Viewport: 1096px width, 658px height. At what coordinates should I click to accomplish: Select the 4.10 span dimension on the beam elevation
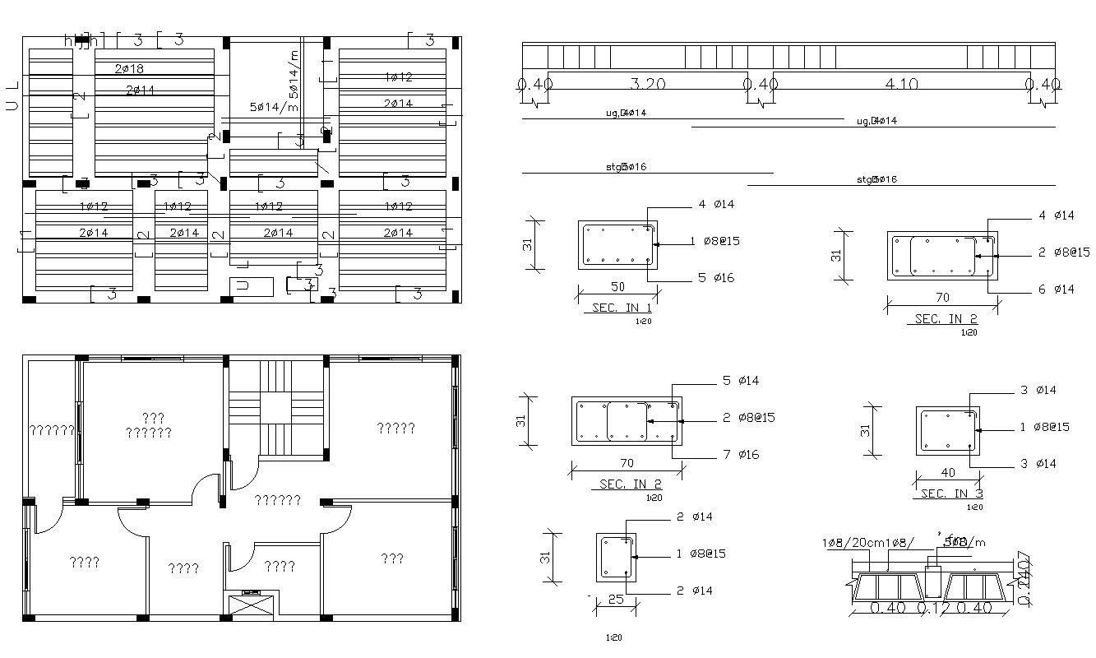click(x=900, y=84)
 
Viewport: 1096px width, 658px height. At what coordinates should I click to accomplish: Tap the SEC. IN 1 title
click(x=622, y=308)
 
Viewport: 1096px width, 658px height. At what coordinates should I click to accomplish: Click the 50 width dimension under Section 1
click(x=617, y=287)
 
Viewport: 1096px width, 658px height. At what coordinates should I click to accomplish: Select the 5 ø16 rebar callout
click(x=716, y=278)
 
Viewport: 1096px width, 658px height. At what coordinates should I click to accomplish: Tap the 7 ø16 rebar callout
click(x=741, y=454)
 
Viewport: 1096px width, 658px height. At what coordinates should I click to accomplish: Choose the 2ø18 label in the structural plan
click(x=129, y=69)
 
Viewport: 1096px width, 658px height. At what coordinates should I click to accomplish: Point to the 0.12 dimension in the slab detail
click(x=932, y=609)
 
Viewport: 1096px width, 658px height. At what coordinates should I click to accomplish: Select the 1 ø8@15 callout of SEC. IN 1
click(x=715, y=241)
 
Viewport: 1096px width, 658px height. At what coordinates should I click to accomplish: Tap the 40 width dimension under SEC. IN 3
click(x=947, y=474)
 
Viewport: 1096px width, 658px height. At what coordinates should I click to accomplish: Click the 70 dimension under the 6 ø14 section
click(x=942, y=298)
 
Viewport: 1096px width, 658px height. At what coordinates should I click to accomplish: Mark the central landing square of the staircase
click(x=277, y=407)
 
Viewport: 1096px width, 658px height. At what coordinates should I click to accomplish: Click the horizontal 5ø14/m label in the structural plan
click(x=274, y=107)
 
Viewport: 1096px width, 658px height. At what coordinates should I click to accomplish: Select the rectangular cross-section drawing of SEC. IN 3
click(x=948, y=430)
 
